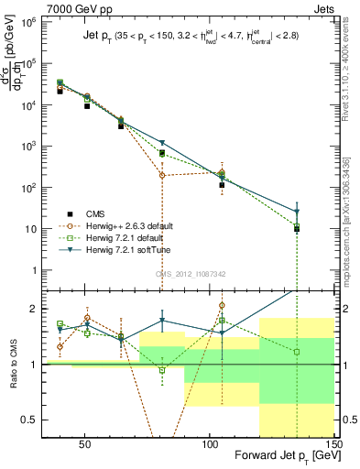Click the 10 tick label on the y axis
coord(35,228)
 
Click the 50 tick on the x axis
coord(84,444)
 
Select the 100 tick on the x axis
coord(210,444)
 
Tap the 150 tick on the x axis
coord(335,444)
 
